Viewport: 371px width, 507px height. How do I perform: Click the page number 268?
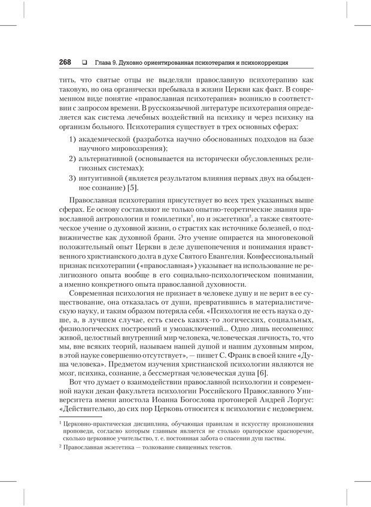pos(65,62)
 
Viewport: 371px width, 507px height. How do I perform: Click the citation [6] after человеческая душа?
pos(246,374)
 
